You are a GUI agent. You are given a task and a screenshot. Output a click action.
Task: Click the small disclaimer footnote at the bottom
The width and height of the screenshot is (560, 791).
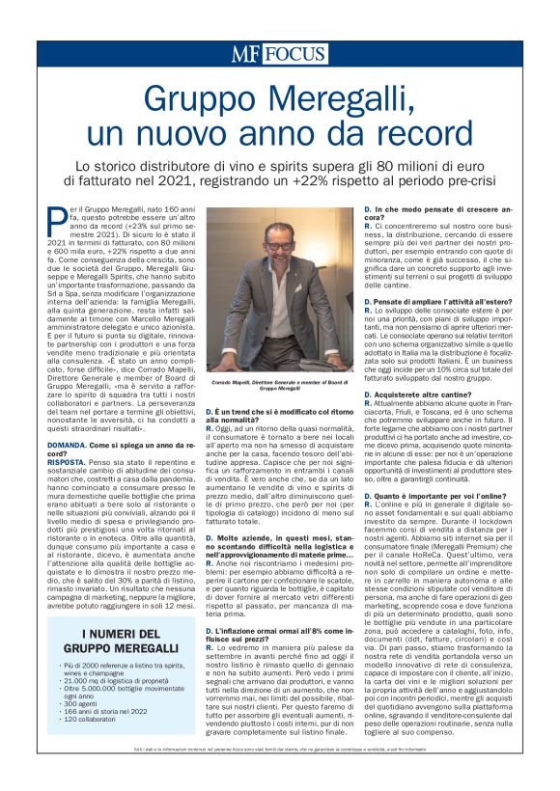[279, 774]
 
